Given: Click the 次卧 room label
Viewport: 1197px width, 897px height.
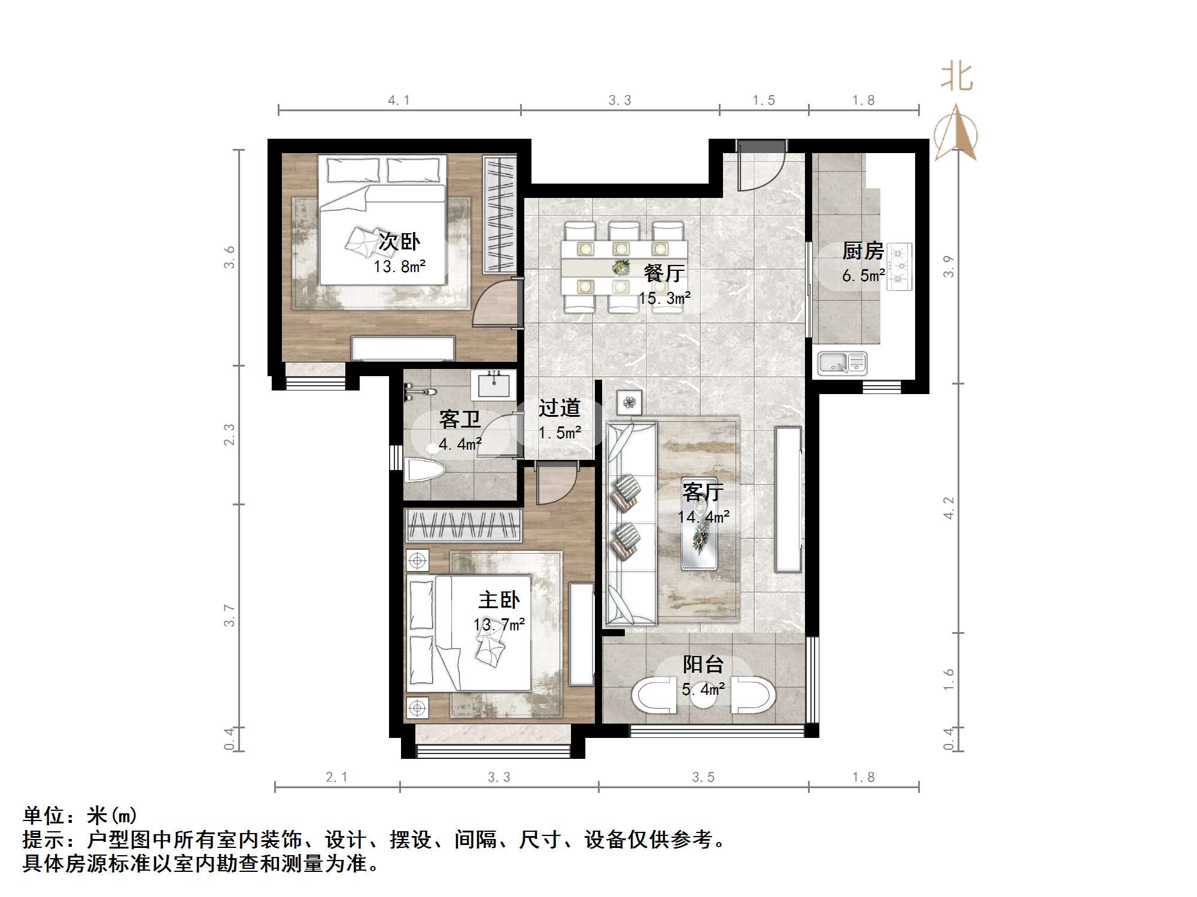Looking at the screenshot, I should point(399,242).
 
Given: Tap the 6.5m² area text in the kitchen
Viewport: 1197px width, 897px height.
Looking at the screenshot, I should point(863,276).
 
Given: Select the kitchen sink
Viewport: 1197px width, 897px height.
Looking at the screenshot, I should point(842,363).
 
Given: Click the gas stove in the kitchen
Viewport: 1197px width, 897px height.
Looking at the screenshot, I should point(899,267).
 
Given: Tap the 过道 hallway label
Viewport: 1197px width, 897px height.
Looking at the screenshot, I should point(559,408).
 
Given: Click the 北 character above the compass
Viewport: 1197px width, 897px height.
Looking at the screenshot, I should point(957,78).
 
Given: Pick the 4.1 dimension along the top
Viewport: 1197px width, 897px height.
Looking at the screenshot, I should point(399,100).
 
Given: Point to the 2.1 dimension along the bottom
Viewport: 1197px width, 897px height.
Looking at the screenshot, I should point(336,777).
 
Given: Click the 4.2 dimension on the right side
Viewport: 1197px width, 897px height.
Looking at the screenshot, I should point(949,508).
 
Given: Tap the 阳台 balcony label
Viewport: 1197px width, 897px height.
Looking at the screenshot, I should point(703,664).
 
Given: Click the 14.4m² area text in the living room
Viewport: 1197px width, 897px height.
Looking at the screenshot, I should point(703,517).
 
